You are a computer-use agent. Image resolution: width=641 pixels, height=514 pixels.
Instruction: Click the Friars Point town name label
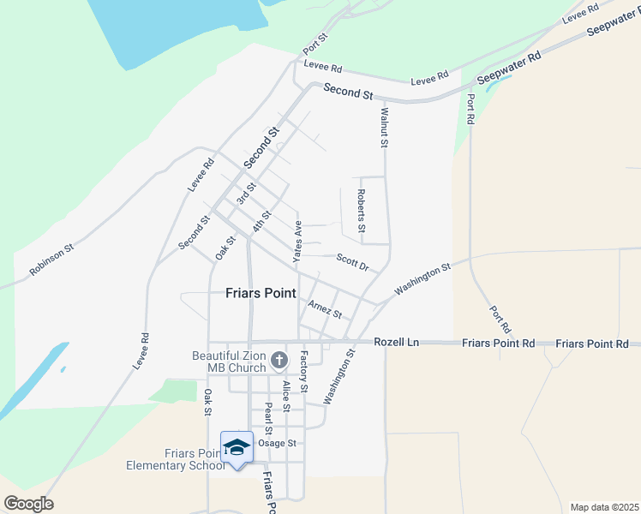(x=261, y=293)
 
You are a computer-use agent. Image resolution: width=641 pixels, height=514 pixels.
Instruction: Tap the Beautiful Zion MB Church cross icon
(x=279, y=361)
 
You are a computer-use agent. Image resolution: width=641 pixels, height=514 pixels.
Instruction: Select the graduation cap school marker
(x=237, y=447)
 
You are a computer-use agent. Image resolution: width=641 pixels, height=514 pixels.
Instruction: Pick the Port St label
(x=315, y=43)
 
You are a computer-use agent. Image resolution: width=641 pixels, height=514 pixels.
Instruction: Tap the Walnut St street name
(x=385, y=127)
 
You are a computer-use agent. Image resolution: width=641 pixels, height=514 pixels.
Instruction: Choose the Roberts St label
(x=362, y=211)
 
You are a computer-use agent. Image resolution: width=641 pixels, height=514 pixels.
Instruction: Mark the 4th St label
(x=261, y=221)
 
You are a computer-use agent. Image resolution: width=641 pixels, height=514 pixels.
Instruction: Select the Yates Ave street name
(x=298, y=241)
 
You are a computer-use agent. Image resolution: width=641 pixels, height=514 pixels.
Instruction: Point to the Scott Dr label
(x=352, y=262)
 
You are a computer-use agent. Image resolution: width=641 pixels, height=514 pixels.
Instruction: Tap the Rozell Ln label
(x=396, y=342)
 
